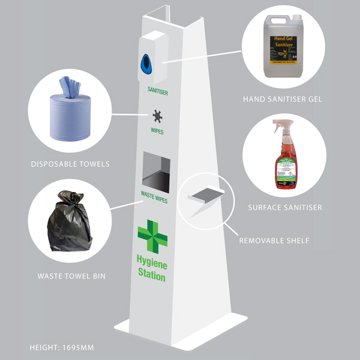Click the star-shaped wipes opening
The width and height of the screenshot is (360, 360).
(x=158, y=115)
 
